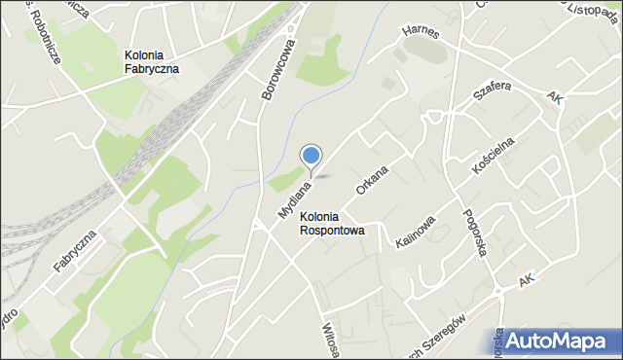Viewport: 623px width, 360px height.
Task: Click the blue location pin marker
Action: [x=311, y=157]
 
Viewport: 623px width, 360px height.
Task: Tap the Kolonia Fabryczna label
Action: [x=151, y=62]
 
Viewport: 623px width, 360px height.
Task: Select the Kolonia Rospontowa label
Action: [x=333, y=224]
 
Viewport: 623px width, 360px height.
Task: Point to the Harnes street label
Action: [x=420, y=33]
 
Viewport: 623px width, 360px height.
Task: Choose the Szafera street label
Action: [x=492, y=92]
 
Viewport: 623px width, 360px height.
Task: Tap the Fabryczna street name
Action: [x=75, y=252]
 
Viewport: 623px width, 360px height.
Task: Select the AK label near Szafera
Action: [x=554, y=98]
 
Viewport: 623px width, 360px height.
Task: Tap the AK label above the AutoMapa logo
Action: [x=527, y=280]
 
